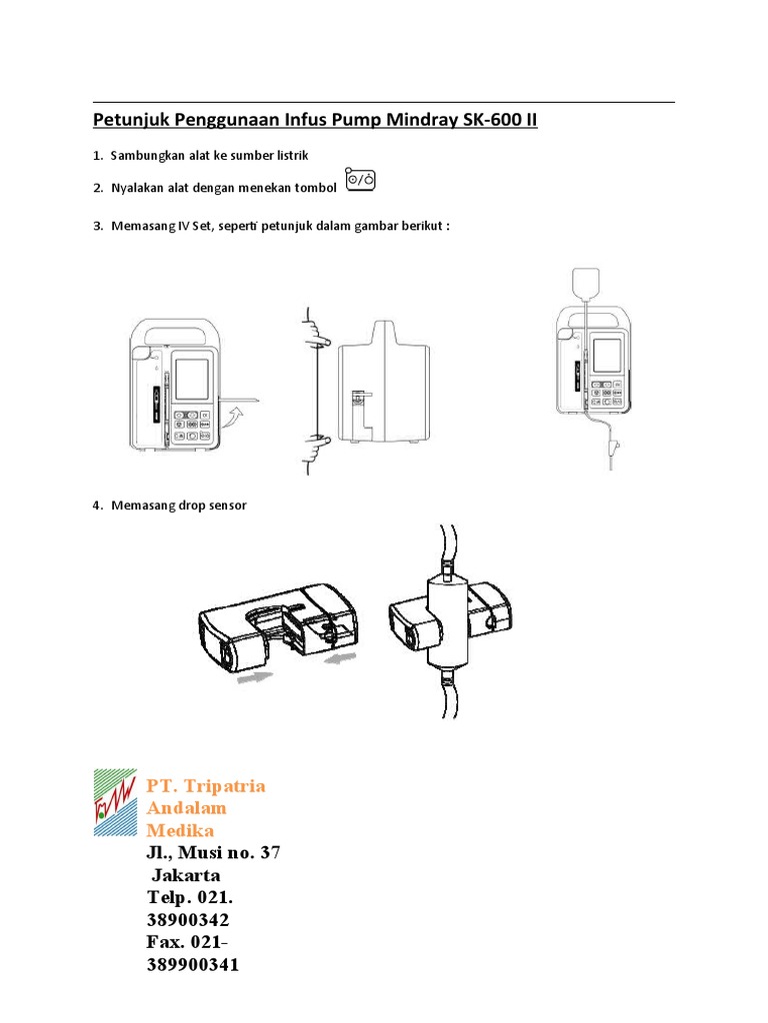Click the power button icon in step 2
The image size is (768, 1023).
pos(361,180)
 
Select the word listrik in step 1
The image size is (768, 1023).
pos(290,156)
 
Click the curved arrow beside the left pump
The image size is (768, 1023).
pos(232,413)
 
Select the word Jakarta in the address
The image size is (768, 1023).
pos(186,875)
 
